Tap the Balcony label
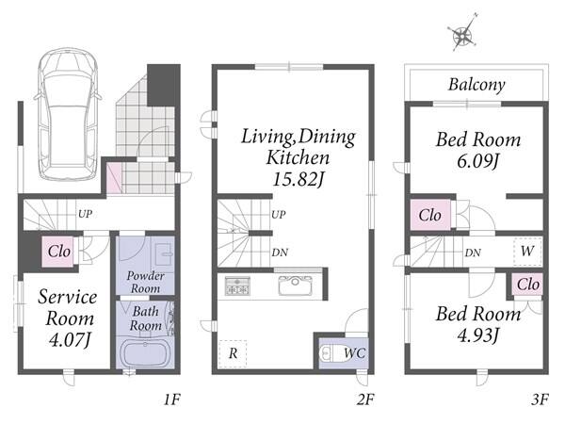pyautogui.click(x=476, y=85)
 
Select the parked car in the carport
pyautogui.click(x=68, y=114)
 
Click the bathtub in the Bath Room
pyautogui.click(x=145, y=353)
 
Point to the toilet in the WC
pyautogui.click(x=330, y=354)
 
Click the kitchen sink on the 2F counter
pyautogui.click(x=295, y=285)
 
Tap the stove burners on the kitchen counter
pyautogui.click(x=237, y=285)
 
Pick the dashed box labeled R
pyautogui.click(x=233, y=353)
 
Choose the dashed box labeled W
pyautogui.click(x=527, y=252)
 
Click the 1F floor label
pyautogui.click(x=172, y=400)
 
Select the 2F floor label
pyautogui.click(x=365, y=400)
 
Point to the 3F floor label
pyautogui.click(x=540, y=400)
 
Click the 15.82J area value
pyautogui.click(x=298, y=179)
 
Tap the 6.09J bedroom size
pyautogui.click(x=477, y=161)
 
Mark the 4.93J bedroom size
pyautogui.click(x=477, y=335)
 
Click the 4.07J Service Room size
pyautogui.click(x=70, y=339)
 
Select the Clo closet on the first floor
pyautogui.click(x=58, y=252)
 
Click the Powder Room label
pyautogui.click(x=145, y=283)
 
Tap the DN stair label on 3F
pyautogui.click(x=473, y=253)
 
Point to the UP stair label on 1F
pyautogui.click(x=85, y=214)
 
